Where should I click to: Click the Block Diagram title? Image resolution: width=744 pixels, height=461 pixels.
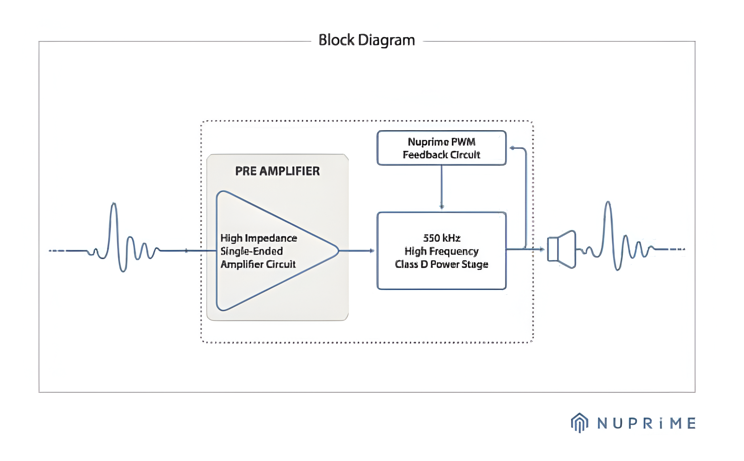point(367,40)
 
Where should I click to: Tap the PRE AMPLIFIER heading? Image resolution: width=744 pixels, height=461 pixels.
point(277,171)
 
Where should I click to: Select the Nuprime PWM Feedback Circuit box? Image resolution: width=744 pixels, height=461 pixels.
point(441,148)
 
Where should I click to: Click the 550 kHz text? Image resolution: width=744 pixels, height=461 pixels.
point(441,238)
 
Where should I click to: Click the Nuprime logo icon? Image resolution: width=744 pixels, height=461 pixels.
point(579,423)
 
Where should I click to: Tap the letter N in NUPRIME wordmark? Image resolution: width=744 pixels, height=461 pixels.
point(602,423)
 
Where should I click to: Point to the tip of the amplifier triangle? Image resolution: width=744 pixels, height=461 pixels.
point(338,250)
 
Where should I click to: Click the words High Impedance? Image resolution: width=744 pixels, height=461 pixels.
point(259,238)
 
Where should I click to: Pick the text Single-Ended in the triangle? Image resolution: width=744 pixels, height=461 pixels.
point(251,251)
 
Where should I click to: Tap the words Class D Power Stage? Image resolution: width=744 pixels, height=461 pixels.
point(441,264)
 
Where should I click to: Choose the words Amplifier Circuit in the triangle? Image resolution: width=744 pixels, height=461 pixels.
point(258,264)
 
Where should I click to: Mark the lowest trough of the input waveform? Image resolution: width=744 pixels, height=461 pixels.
point(124,270)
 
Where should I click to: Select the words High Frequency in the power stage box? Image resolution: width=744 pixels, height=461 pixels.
point(441,251)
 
